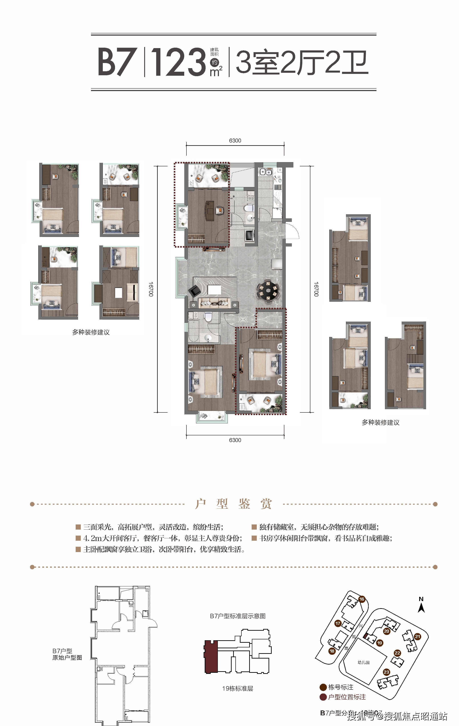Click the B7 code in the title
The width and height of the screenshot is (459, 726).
116,62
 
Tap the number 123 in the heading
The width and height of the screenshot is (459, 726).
178,62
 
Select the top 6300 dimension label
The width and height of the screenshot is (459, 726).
235,141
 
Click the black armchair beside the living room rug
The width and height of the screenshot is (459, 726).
194,291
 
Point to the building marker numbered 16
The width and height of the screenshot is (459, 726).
362,599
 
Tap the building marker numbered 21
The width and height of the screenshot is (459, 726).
417,637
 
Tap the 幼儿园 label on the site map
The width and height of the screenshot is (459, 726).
364,662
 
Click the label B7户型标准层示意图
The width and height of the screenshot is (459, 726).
238,616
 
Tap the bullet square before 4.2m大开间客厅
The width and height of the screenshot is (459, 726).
78,538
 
